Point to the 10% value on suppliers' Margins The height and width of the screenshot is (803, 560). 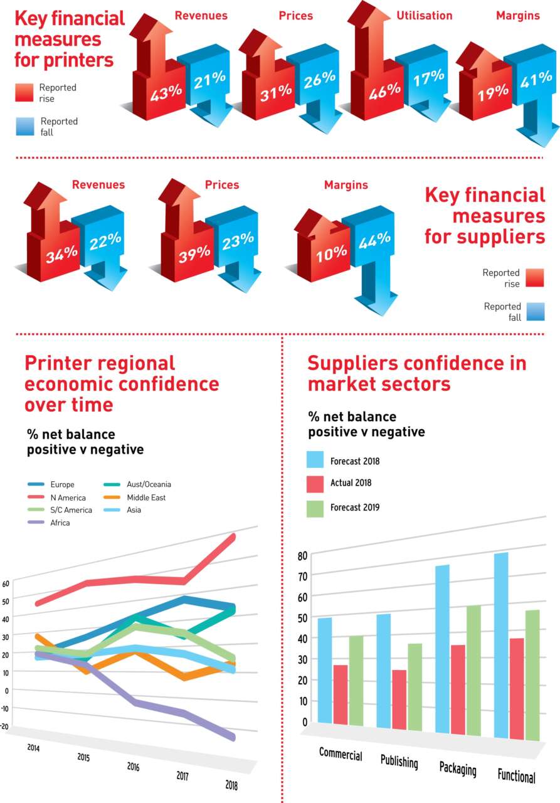(331, 253)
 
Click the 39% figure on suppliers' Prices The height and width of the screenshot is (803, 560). (194, 253)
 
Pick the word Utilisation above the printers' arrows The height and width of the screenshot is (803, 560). (424, 16)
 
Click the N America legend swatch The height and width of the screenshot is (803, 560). (36, 497)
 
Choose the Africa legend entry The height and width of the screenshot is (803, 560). (60, 523)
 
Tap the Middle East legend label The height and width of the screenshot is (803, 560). (146, 497)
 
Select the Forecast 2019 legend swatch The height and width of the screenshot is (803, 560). (315, 508)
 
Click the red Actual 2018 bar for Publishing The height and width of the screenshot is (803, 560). (399, 699)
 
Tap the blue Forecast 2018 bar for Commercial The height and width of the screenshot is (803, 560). (325, 670)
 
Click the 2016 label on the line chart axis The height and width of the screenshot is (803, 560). (134, 766)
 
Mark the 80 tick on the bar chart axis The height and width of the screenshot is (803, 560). (302, 556)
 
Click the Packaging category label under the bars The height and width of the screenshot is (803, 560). (458, 769)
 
